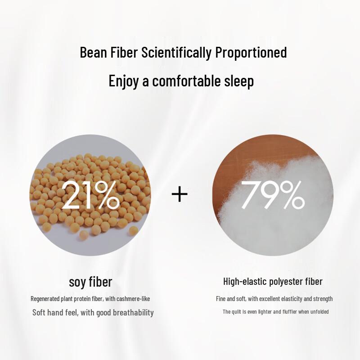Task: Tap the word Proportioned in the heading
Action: coord(251,53)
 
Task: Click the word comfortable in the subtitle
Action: coord(187,81)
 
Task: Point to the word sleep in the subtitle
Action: coord(238,81)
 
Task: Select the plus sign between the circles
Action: coord(180,194)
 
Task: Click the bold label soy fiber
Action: coord(90,282)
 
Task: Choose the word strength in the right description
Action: coord(324,299)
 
